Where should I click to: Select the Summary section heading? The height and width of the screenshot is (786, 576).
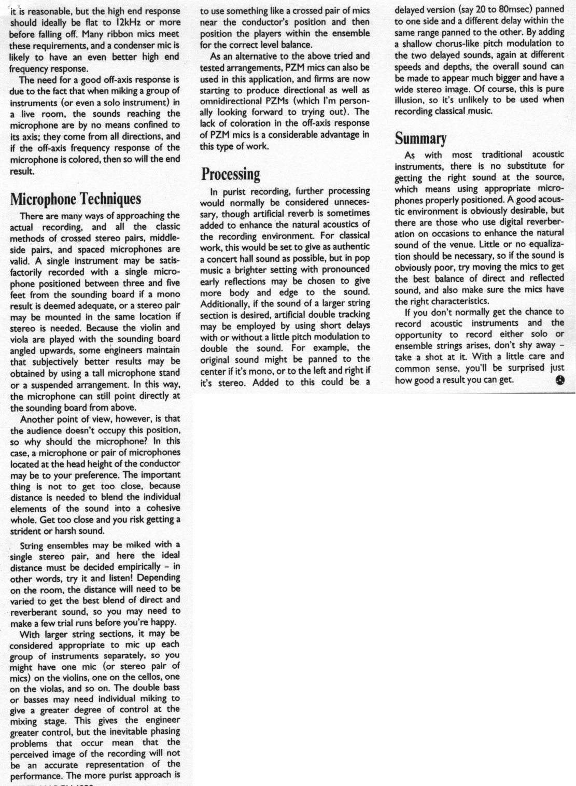[420, 138]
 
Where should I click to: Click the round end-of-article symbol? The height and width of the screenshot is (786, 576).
[560, 380]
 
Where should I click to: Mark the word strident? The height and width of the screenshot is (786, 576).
[26, 531]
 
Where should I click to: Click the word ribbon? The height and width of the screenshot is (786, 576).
[107, 34]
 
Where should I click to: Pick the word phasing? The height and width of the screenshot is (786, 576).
[164, 732]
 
